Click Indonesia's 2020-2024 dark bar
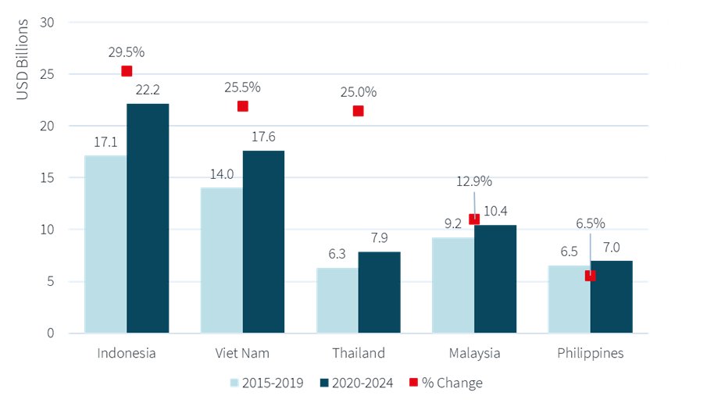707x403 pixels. [x=148, y=219]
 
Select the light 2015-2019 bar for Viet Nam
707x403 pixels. [x=221, y=260]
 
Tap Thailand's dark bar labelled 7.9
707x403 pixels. [x=379, y=292]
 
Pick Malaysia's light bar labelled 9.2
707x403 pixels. [x=453, y=285]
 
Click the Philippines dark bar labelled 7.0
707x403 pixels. [x=612, y=297]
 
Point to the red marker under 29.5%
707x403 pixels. [x=127, y=71]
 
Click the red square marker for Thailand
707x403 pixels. [x=358, y=111]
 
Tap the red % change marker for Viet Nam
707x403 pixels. [x=242, y=106]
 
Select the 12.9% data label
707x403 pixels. [x=473, y=181]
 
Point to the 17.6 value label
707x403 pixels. [x=263, y=137]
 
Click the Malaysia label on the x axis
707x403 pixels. [x=474, y=353]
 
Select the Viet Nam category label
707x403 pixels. [x=242, y=353]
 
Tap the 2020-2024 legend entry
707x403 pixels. [x=355, y=383]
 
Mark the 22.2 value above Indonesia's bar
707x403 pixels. [x=148, y=91]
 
